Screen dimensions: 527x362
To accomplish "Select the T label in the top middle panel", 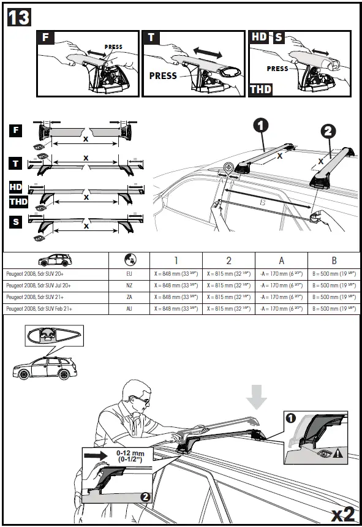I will tap(151, 37).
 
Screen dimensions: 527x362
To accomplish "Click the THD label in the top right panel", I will tap(260, 89).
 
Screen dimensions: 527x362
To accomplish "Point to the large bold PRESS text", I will tap(162, 76).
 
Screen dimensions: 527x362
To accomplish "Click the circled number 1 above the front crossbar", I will tap(260, 126).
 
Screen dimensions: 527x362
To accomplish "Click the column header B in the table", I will tap(334, 260).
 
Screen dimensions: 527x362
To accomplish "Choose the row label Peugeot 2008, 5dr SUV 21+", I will tap(39, 297).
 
